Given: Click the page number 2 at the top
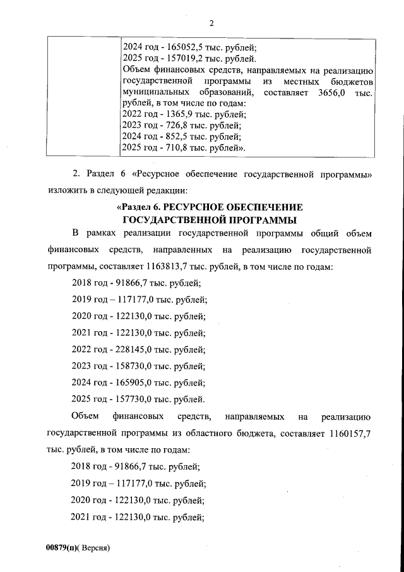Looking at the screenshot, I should [211, 23].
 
